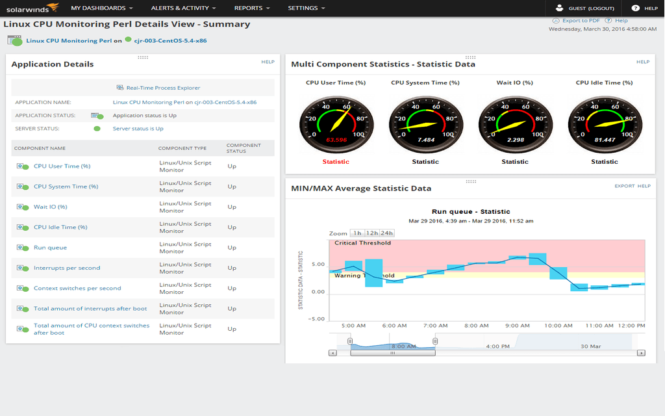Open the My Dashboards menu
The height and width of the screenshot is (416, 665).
click(x=102, y=8)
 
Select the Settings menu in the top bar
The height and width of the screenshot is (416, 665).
click(x=307, y=8)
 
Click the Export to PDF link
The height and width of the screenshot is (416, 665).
click(x=581, y=21)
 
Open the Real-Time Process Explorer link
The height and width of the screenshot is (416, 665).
click(x=163, y=88)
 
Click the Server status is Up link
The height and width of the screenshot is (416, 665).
click(x=138, y=129)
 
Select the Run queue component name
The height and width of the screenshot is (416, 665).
click(x=50, y=248)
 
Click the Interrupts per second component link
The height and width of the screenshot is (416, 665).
click(x=67, y=268)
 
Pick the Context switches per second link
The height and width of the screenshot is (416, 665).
click(x=77, y=288)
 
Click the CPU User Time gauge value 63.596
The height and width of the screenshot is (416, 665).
click(x=336, y=140)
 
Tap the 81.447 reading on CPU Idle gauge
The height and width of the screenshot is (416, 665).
click(x=605, y=140)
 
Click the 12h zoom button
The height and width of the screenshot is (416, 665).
click(x=371, y=233)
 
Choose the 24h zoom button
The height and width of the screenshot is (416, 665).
click(x=387, y=233)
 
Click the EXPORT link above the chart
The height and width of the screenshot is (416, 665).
click(x=624, y=186)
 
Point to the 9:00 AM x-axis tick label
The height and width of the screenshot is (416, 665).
click(x=517, y=326)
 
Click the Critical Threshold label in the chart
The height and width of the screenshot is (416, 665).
click(x=362, y=243)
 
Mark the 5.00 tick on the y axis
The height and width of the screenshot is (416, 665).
click(x=318, y=265)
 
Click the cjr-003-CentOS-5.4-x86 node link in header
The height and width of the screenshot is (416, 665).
click(x=171, y=40)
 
